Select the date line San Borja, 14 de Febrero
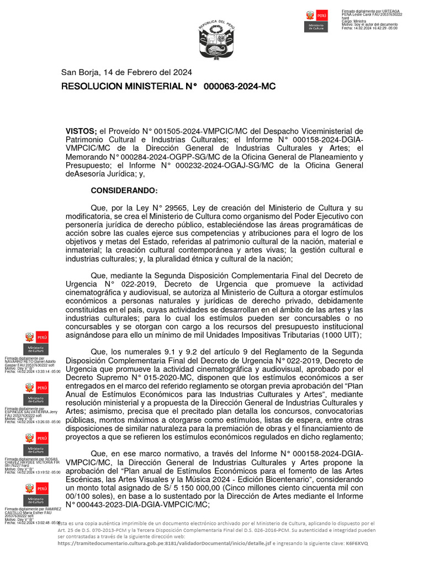click(126, 72)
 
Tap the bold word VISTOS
click(81, 131)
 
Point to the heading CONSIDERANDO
click(124, 190)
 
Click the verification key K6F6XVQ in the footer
click(358, 543)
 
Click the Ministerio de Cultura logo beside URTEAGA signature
click(316, 22)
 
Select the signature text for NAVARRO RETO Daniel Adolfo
click(30, 362)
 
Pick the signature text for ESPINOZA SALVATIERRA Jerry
click(30, 412)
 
